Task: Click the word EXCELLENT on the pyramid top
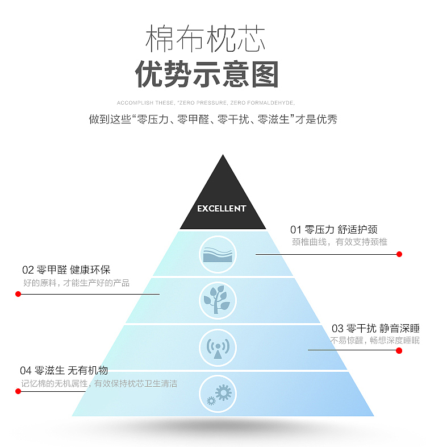click(x=222, y=209)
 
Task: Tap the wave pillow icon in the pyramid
click(x=218, y=254)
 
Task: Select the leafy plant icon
click(x=218, y=300)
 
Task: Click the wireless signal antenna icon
click(x=218, y=347)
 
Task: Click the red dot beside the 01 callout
click(x=399, y=254)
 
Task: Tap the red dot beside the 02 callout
click(x=18, y=294)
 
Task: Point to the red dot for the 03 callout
click(x=399, y=350)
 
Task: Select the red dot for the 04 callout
click(x=18, y=391)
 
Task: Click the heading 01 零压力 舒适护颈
click(x=333, y=230)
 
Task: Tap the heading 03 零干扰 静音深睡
click(x=375, y=328)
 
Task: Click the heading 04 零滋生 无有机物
click(x=64, y=370)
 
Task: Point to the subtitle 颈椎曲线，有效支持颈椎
click(x=340, y=242)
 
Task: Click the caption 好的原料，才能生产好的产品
click(x=76, y=283)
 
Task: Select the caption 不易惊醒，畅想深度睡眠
click(x=375, y=341)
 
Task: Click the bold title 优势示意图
click(x=207, y=74)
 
